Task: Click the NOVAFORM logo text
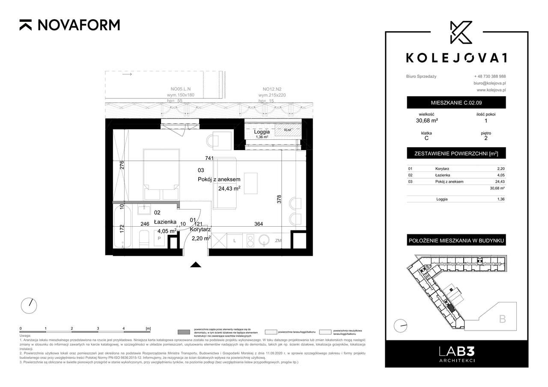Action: (x=78, y=25)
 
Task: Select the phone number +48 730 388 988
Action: (x=490, y=76)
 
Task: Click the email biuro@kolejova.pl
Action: (x=490, y=83)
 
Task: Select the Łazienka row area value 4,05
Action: (x=500, y=175)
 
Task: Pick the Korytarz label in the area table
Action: (x=442, y=169)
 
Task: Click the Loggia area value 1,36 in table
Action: (x=500, y=199)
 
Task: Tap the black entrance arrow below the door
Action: (x=196, y=265)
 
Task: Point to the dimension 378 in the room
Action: (x=280, y=200)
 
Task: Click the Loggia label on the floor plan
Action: (x=261, y=132)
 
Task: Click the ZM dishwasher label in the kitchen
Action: (x=279, y=241)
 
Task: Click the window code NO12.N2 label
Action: (x=271, y=89)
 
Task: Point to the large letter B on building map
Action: (x=502, y=319)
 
